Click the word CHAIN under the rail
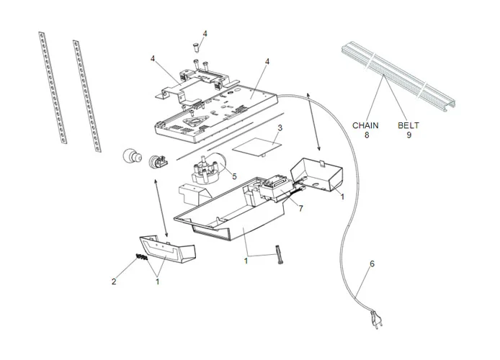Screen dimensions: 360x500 (x=365, y=125)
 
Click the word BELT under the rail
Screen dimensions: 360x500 (x=409, y=125)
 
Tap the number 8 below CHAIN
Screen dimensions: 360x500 (x=365, y=135)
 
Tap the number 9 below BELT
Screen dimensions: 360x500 (x=409, y=135)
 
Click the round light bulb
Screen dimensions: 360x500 (x=131, y=156)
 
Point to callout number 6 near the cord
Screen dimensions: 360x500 (x=372, y=264)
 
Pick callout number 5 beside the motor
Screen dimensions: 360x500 (x=233, y=175)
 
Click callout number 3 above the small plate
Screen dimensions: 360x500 (x=280, y=127)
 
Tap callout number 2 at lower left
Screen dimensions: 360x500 (x=113, y=282)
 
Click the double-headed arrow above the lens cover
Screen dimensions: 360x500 (x=159, y=209)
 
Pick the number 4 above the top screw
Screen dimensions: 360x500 (x=205, y=34)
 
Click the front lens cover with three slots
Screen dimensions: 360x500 (x=166, y=248)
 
